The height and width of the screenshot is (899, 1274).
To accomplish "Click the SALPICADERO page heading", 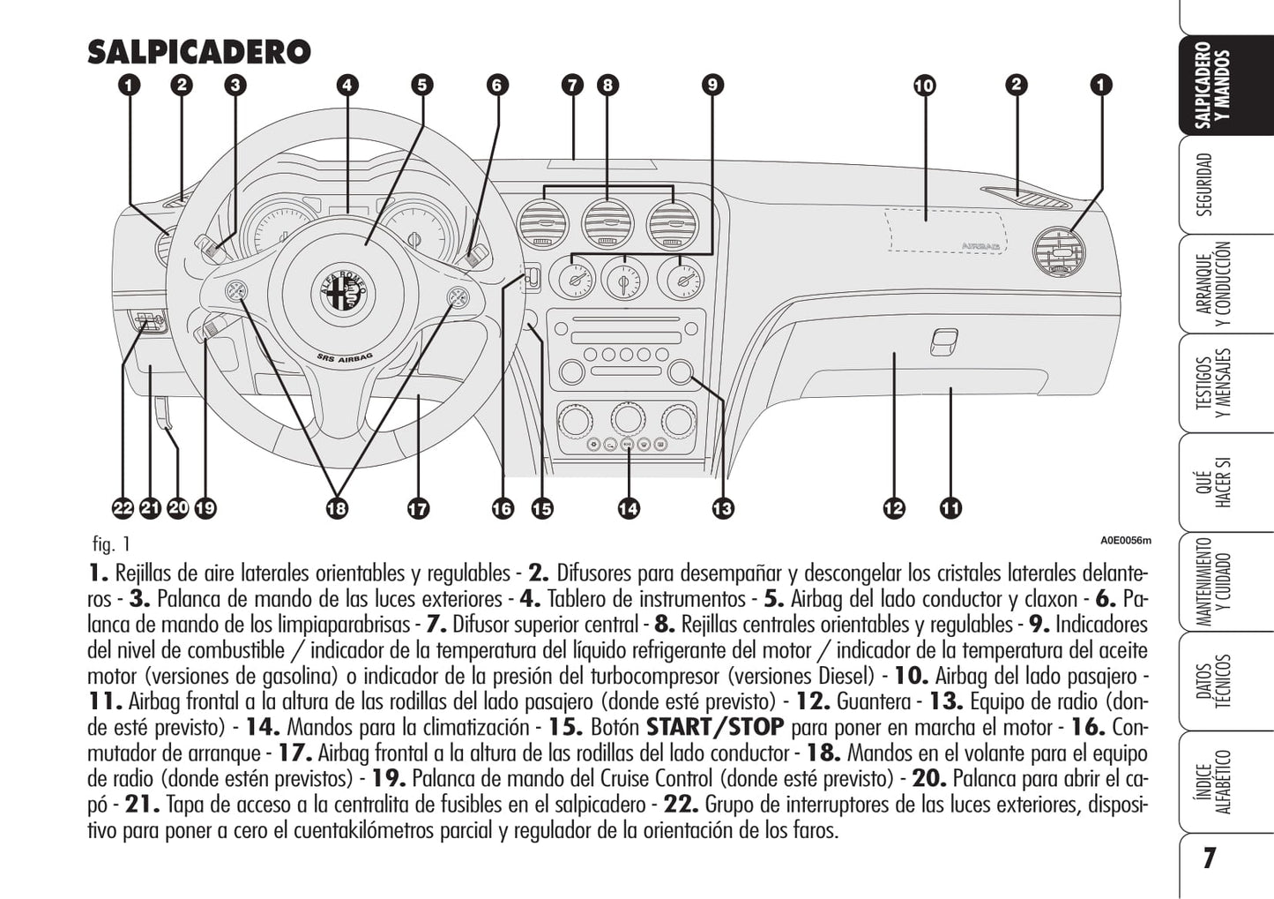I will (199, 52).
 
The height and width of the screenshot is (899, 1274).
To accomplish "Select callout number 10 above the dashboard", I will (924, 86).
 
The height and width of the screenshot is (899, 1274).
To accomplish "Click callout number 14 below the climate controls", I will (628, 508).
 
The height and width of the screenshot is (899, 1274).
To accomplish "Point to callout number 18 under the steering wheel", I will (336, 508).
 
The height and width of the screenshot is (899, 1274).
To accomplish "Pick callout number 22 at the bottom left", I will (123, 508).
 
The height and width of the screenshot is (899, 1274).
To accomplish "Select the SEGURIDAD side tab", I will (1204, 184).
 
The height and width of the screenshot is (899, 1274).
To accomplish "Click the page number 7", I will (1209, 858).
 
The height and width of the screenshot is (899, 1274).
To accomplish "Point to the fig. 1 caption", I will (110, 543).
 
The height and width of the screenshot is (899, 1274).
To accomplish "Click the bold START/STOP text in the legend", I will (715, 728).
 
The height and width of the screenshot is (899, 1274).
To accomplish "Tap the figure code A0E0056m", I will (1125, 541).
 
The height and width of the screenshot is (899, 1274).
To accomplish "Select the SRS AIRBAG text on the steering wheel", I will (345, 357).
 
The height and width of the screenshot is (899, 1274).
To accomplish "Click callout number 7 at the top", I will (572, 86).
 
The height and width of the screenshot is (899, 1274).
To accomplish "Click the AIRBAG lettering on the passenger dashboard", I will (980, 247).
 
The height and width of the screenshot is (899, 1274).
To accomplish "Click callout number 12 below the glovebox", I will (893, 508).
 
